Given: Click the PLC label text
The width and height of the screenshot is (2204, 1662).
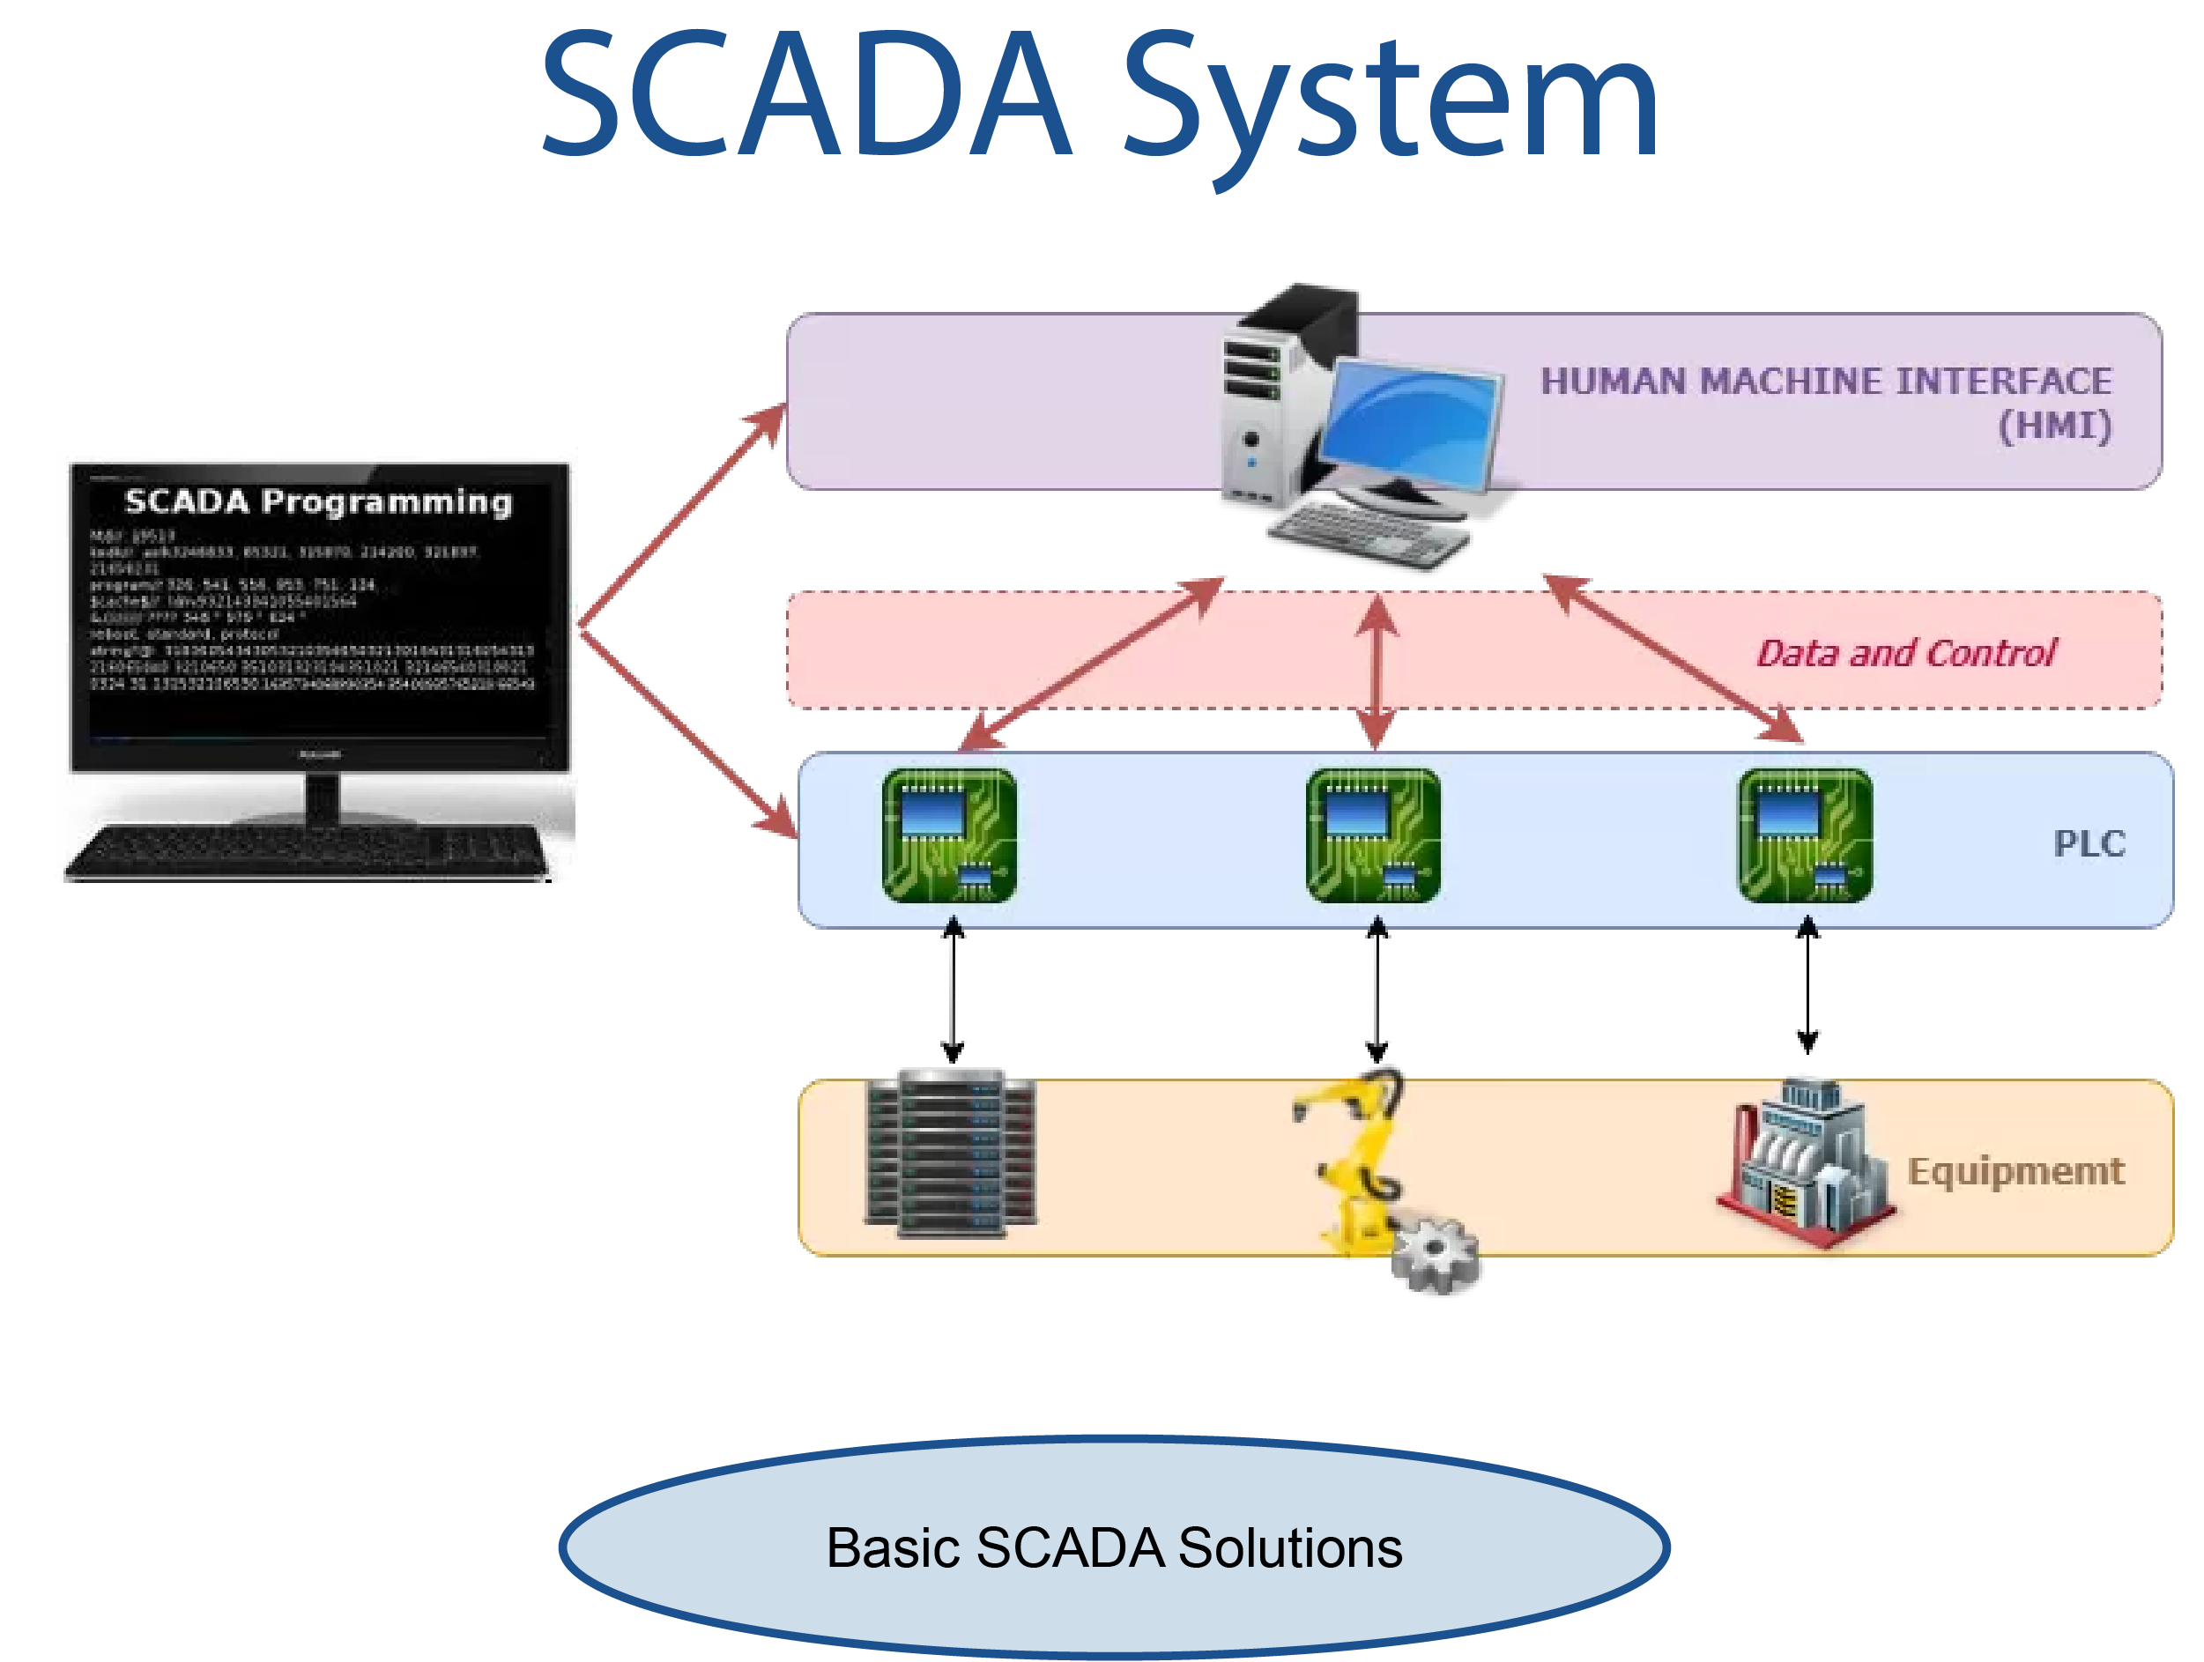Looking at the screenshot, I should pos(2089,844).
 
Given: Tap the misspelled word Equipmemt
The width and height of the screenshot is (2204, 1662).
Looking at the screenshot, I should pos(2015,1172).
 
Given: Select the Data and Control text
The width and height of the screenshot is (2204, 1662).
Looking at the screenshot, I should pos(1904,654).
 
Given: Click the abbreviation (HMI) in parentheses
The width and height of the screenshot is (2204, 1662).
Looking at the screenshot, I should pos(2054,427).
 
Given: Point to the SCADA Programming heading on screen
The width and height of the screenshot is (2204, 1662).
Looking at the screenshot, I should pos(318,501).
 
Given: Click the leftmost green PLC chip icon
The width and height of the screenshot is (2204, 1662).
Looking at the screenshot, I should pos(948,835).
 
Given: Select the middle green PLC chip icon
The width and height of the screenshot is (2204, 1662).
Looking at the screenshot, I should pos(1372,835).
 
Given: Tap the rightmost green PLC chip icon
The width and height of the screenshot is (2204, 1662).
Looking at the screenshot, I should pos(1805,835).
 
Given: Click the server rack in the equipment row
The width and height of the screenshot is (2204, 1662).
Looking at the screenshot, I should pos(951,1153).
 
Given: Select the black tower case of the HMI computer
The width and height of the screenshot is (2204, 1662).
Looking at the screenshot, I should pos(1286,398).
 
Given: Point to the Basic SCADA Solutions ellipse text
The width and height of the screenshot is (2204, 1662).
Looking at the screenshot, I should pos(1113,1547).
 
